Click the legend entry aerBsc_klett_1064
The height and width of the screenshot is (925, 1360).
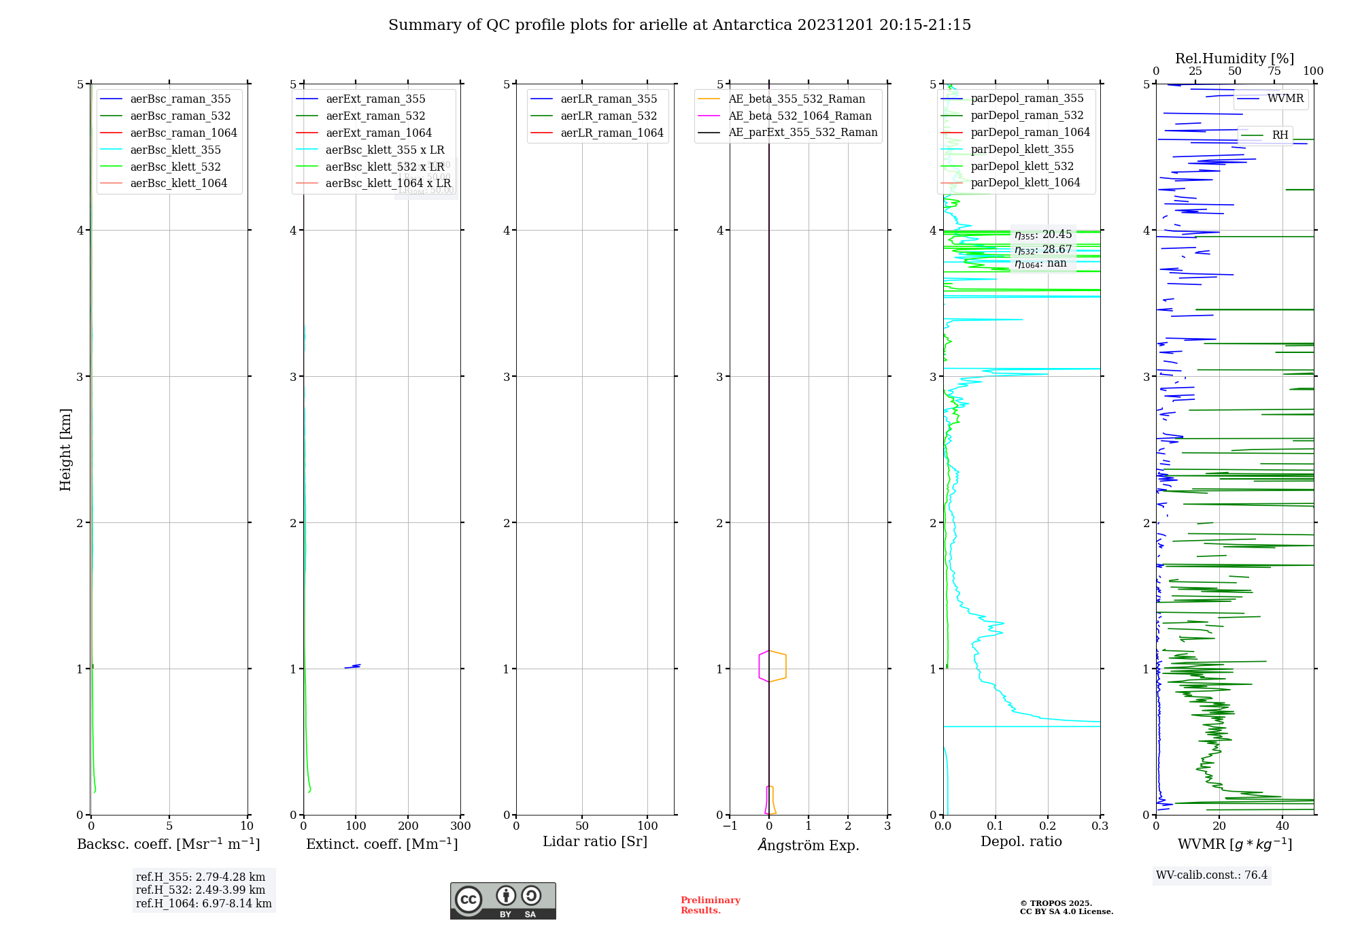pyautogui.click(x=178, y=184)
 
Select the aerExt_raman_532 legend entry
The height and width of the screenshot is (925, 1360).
pyautogui.click(x=375, y=116)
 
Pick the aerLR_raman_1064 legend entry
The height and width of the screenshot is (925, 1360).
pyautogui.click(x=611, y=133)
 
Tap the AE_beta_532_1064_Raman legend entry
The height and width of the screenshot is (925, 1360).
pyautogui.click(x=800, y=116)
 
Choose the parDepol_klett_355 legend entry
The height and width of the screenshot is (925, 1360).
pyautogui.click(x=1022, y=150)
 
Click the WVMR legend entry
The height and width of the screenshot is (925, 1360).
pyautogui.click(x=1285, y=99)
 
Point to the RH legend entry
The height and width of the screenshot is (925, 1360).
pyautogui.click(x=1280, y=135)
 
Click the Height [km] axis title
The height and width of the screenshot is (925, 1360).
pyautogui.click(x=65, y=450)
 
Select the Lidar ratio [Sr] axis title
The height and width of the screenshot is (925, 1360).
pyautogui.click(x=595, y=842)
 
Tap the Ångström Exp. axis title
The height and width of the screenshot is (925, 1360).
pyautogui.click(x=809, y=845)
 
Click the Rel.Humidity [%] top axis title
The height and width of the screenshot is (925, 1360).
pyautogui.click(x=1234, y=58)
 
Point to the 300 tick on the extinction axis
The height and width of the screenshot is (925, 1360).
pyautogui.click(x=461, y=826)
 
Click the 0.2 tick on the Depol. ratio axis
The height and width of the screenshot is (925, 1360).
pyautogui.click(x=1048, y=826)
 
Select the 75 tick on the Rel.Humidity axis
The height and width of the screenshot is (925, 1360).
pyautogui.click(x=1274, y=71)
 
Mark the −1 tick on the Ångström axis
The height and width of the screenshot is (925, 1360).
pyautogui.click(x=730, y=826)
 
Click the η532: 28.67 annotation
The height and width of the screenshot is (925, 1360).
pyautogui.click(x=1043, y=250)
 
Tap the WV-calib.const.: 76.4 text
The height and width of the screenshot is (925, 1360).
pyautogui.click(x=1212, y=875)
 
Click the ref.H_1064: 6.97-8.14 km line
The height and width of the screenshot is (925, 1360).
pyautogui.click(x=203, y=904)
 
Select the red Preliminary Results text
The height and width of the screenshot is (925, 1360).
pyautogui.click(x=710, y=905)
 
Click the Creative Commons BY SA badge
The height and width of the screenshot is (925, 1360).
pyautogui.click(x=503, y=901)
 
